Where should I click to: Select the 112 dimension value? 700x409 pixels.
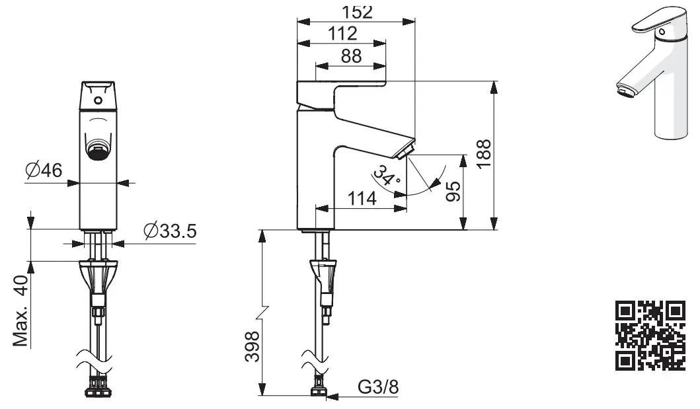[x=342, y=34]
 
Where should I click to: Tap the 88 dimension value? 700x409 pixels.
[x=351, y=56]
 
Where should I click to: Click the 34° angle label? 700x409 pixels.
[x=386, y=175]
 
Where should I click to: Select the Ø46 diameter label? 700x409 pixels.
[x=44, y=170]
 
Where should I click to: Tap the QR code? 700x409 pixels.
[x=650, y=334]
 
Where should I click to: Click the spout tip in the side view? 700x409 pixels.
[x=405, y=151]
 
